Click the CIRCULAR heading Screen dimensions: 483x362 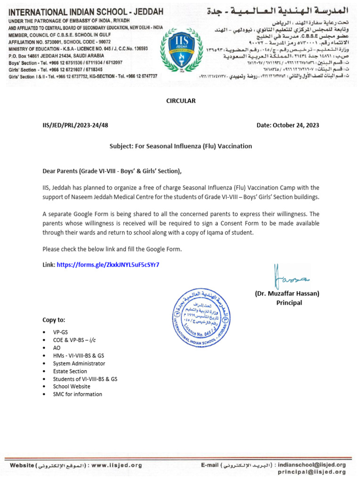click(x=181, y=101)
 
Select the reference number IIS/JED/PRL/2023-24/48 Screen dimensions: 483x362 click(x=75, y=125)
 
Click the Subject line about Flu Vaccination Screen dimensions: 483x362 click(x=181, y=146)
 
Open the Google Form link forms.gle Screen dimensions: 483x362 click(x=108, y=265)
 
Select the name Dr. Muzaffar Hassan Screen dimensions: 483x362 click(x=287, y=293)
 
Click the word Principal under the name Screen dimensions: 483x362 click(x=289, y=303)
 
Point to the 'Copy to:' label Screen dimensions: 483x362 click(x=54, y=320)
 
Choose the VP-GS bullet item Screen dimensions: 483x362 click(x=61, y=332)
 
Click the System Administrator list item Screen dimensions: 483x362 click(x=79, y=364)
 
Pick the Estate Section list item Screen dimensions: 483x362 click(x=70, y=371)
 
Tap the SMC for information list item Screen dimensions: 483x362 click(x=77, y=394)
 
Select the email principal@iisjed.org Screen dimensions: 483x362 click(x=312, y=472)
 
